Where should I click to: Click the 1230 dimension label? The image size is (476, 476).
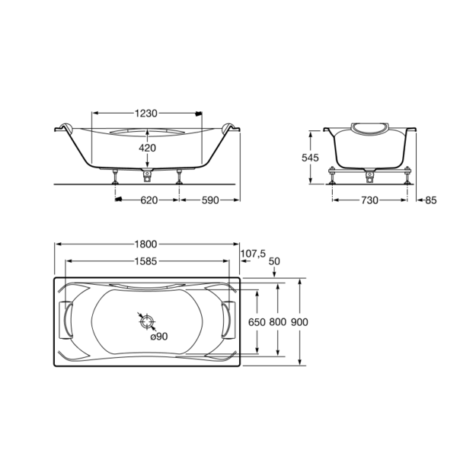[x=146, y=113]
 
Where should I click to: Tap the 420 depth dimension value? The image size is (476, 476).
[x=147, y=148]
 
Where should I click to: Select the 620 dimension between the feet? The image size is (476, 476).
[x=149, y=200]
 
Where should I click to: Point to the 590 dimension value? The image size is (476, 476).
[x=210, y=200]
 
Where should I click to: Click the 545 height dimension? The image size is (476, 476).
[x=310, y=158]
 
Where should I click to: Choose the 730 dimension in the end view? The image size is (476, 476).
[x=369, y=200]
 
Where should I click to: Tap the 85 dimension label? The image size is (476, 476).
[x=431, y=200]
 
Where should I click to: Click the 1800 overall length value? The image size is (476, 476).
[x=145, y=244]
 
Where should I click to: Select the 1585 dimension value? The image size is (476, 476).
[x=145, y=261]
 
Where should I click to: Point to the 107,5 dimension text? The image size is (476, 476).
[x=253, y=254]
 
